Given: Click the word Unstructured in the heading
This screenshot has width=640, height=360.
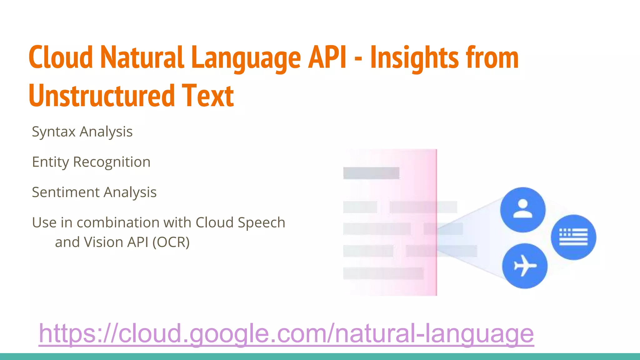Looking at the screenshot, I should (102, 96).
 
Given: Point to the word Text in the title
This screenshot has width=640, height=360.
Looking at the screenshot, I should (207, 96).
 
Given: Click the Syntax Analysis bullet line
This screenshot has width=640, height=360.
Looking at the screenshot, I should (82, 132).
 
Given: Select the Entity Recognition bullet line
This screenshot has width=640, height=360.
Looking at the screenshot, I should (91, 162).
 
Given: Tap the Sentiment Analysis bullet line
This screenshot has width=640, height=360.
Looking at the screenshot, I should (94, 192).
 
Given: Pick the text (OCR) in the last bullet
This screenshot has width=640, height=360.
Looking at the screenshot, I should (171, 242).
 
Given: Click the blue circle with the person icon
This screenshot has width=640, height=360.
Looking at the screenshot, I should (522, 210).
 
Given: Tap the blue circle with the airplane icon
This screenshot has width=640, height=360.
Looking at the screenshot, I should (525, 266).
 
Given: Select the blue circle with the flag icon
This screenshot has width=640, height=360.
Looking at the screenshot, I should (573, 237).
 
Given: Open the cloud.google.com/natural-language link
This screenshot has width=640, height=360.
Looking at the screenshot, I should (286, 333).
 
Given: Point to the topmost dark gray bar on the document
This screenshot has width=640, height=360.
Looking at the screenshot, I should (371, 173).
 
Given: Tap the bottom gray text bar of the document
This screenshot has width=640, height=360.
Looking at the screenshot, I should (383, 273).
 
